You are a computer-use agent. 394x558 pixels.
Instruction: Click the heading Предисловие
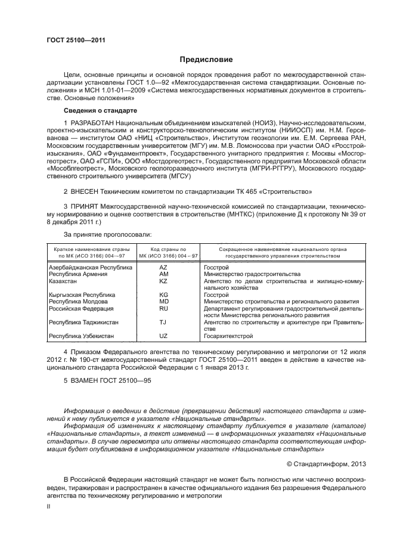[x=206, y=60]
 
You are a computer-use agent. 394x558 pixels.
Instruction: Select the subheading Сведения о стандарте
[x=101, y=111]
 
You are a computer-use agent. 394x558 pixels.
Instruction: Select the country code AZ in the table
[x=163, y=268]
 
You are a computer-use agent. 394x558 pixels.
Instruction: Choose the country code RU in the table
[x=163, y=309]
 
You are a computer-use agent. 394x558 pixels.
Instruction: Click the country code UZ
[x=163, y=336]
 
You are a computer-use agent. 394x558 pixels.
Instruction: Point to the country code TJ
[x=163, y=323]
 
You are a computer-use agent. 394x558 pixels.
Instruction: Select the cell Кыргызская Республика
[x=82, y=295]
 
